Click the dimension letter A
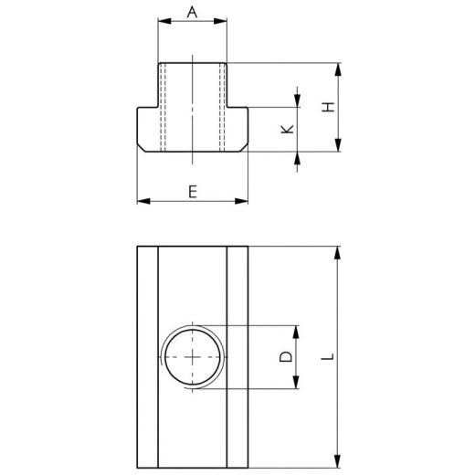point(192,12)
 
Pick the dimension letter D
point(286,357)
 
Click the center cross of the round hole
point(192,357)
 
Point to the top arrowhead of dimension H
point(339,67)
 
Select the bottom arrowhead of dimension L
point(339,463)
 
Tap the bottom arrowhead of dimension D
point(296,385)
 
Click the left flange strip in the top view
point(147,357)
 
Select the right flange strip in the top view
point(237,357)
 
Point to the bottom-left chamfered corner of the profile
point(140,147)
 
